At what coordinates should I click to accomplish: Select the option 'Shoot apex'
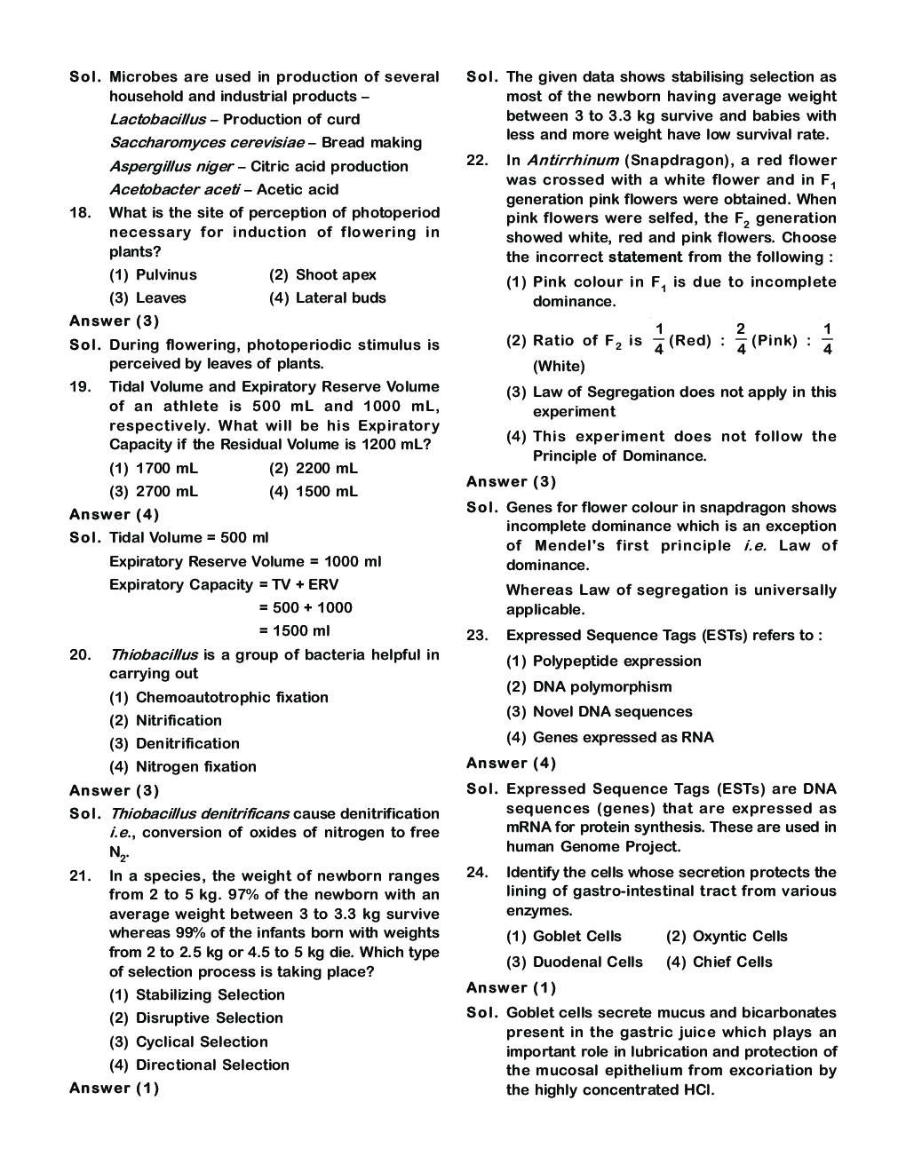[322, 275]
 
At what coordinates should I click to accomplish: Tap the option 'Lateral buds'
[327, 298]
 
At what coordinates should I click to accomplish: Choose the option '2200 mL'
[314, 469]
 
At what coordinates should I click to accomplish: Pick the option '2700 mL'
[154, 492]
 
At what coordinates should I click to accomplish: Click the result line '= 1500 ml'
[294, 631]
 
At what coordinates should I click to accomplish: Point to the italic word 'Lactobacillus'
[157, 120]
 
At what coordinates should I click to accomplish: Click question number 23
[477, 636]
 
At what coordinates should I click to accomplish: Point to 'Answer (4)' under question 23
[512, 764]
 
